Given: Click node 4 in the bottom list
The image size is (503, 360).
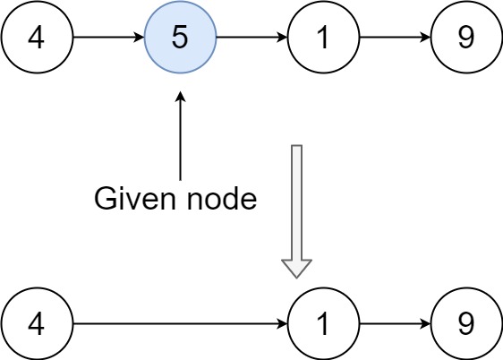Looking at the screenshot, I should [37, 323].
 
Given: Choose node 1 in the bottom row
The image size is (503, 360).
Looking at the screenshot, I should [323, 323].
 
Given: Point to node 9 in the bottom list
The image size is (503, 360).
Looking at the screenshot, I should [466, 323].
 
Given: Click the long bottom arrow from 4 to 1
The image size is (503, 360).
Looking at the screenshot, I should [179, 323].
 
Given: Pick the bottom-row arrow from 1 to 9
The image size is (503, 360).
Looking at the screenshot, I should [394, 323].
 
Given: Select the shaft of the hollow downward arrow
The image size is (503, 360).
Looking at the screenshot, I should [297, 201].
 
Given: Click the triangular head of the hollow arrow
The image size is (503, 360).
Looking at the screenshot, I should [297, 268].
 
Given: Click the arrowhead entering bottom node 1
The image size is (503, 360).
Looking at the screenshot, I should [282, 323].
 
